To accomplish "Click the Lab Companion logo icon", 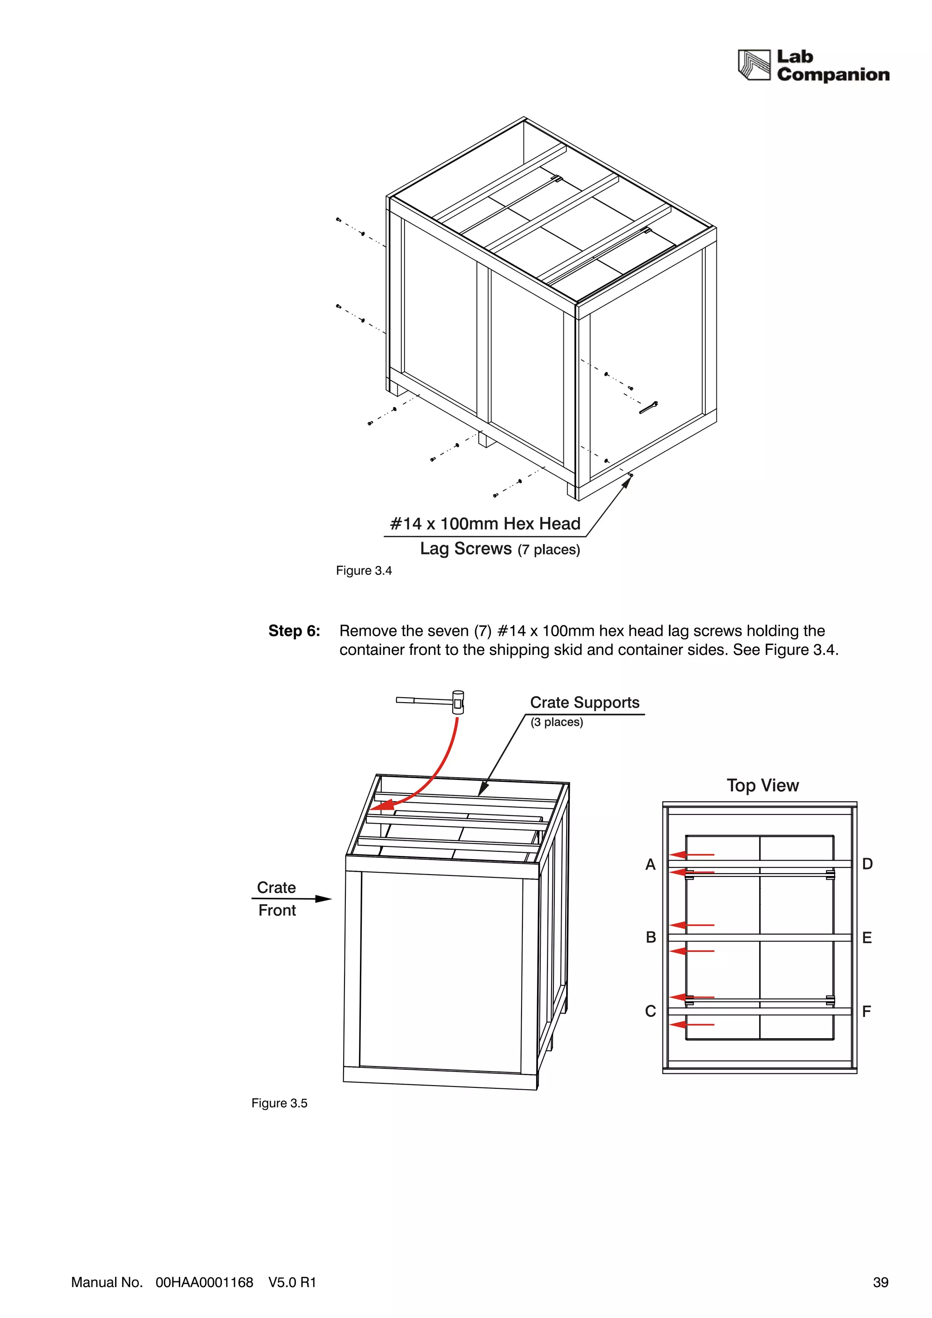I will coord(754,65).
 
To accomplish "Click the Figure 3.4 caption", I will coord(364,571).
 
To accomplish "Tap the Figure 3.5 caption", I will coord(279,1103).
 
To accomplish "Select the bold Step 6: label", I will coord(294,631).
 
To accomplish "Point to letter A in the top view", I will coord(650,865).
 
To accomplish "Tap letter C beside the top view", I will coord(650,1011).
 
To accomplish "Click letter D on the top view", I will coord(867,864).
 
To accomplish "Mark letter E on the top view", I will coord(866,938).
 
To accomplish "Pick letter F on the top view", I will coord(866,1011).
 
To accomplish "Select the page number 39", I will coord(880,1283).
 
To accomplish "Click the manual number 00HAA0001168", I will coord(204,1283).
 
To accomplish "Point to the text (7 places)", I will coord(548,550).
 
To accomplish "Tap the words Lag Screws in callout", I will coord(465,549).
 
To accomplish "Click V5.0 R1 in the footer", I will coord(292,1283).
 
